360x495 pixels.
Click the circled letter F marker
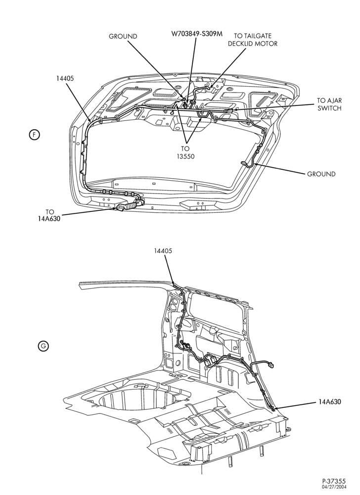(34, 135)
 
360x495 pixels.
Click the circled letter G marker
(43, 346)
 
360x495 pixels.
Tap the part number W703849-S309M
(197, 34)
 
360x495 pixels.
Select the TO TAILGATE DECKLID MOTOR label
(253, 40)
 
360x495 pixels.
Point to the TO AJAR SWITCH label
(329, 104)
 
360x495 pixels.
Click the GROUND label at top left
(123, 36)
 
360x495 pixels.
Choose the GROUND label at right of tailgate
(321, 174)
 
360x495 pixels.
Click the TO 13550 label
(185, 152)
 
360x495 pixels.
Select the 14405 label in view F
(65, 78)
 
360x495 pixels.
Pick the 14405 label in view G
(163, 251)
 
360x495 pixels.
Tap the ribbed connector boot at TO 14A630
(130, 206)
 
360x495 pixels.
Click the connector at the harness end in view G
(271, 366)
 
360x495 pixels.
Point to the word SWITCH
(329, 108)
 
